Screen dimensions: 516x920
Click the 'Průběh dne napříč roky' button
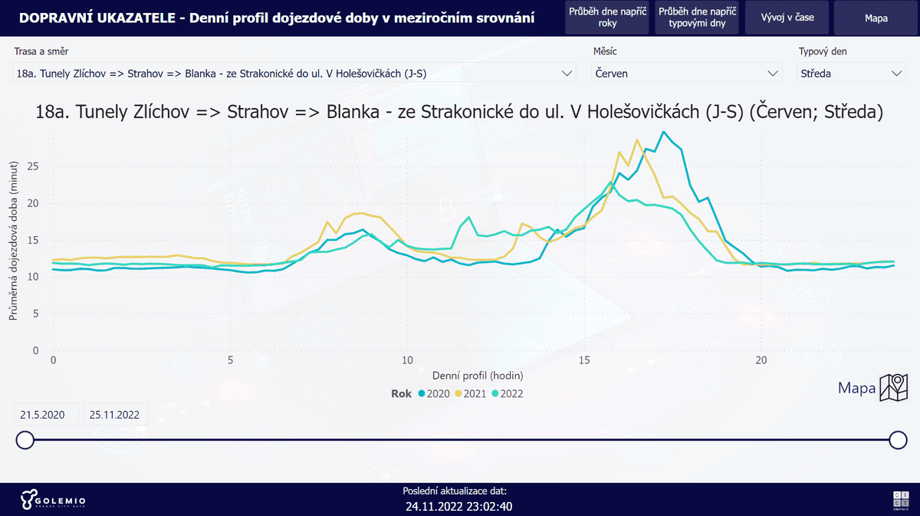608,18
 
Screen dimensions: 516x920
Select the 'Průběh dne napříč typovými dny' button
696,18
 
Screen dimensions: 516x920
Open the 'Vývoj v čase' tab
787,18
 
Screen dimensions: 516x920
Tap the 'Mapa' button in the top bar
876,18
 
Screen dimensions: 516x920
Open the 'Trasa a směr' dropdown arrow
567,74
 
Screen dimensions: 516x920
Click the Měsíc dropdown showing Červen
687,74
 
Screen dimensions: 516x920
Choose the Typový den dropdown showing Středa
851,74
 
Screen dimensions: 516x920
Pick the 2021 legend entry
470,394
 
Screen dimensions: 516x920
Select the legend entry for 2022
507,394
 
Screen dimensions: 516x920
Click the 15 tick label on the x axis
585,360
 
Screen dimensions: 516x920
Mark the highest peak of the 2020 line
664,132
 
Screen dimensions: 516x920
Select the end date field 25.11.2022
115,415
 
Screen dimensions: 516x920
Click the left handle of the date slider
25,439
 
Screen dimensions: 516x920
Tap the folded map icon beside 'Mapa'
893,388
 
